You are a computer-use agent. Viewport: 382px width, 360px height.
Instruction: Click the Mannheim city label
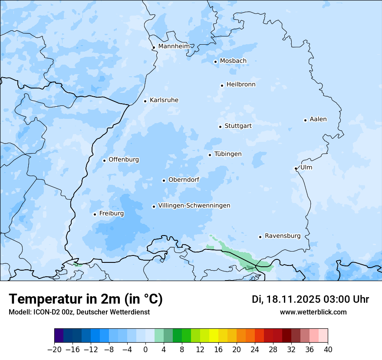point(174,46)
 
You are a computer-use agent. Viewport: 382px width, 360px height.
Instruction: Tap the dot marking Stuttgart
point(220,127)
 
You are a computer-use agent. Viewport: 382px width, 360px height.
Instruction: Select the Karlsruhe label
point(164,100)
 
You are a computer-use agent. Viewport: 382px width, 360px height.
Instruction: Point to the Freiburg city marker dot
point(95,214)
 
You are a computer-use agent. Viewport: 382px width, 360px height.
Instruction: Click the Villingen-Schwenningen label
point(194,206)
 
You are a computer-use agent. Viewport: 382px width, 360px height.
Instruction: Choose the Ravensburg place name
point(283,236)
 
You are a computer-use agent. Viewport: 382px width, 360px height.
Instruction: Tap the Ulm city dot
point(296,168)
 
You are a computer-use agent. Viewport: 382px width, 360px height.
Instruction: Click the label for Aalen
point(318,119)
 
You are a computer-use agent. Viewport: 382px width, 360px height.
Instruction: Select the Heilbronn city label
point(241,85)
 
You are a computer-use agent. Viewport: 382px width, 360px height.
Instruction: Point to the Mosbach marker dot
point(215,62)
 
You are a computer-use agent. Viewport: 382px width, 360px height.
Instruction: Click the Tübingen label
point(228,154)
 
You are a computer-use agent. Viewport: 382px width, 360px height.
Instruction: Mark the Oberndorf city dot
point(164,180)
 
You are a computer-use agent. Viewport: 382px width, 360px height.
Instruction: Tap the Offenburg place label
point(124,160)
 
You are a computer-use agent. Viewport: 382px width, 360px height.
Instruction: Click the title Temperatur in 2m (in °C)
point(86,299)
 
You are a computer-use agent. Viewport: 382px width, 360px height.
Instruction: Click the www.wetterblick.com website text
point(313,312)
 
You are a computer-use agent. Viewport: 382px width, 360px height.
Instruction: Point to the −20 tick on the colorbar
point(55,350)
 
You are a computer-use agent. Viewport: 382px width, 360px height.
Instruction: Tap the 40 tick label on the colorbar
point(328,350)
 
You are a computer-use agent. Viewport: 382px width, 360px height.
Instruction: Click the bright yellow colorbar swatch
point(214,336)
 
